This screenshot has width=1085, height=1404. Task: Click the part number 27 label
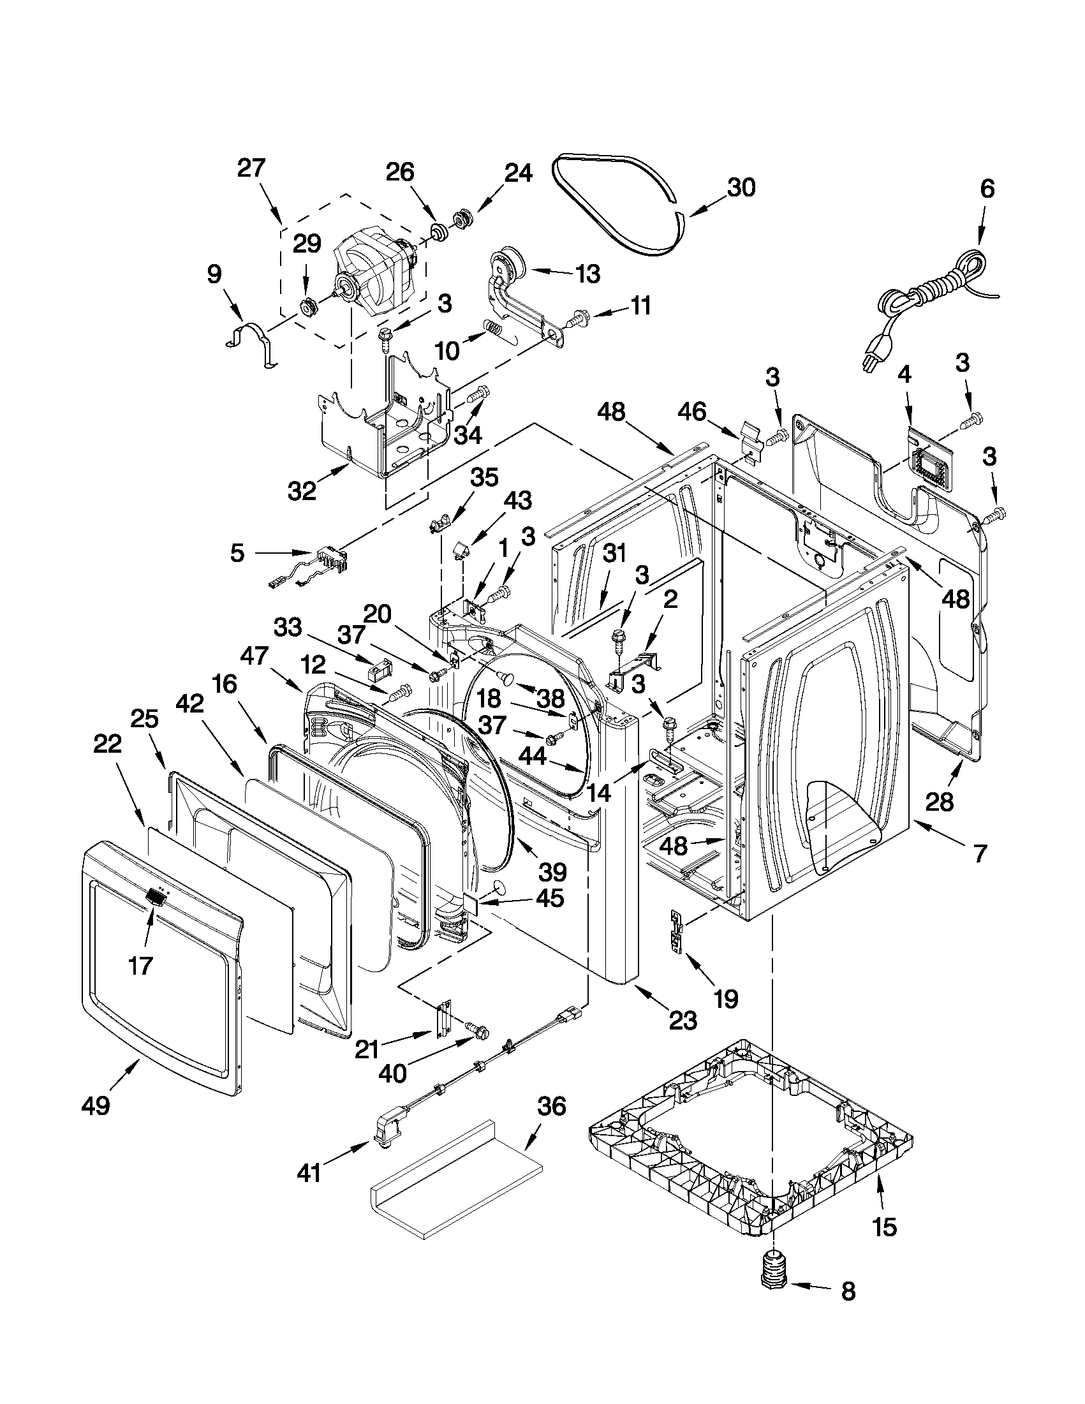[251, 168]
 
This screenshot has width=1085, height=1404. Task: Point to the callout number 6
[987, 188]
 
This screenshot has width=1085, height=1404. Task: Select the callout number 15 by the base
[885, 1227]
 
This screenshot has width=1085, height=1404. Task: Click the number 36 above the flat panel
[551, 1106]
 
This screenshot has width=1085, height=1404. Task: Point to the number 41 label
[309, 1173]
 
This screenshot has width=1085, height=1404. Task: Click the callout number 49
[96, 1105]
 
